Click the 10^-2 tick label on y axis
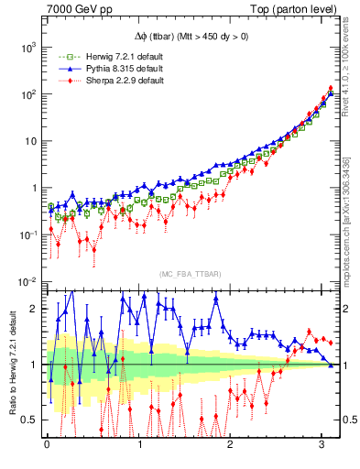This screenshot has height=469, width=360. click(28, 282)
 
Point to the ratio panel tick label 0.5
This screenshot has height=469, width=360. click(29, 420)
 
